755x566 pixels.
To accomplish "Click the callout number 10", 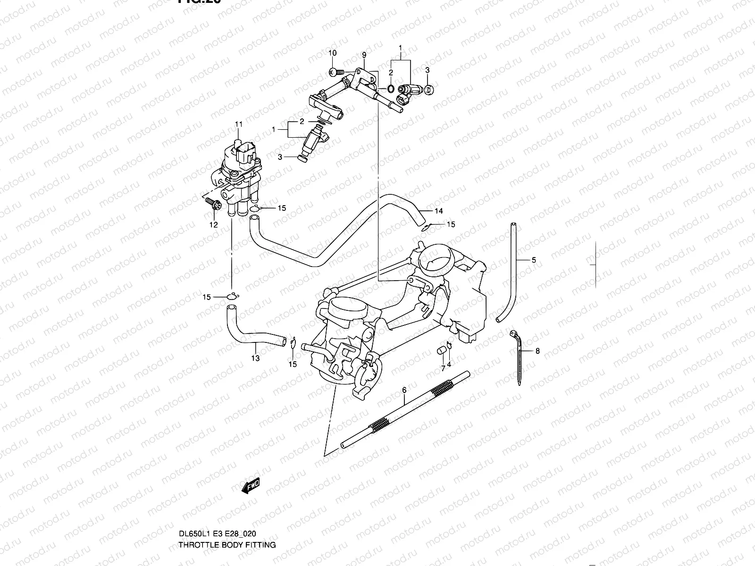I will tap(332, 53).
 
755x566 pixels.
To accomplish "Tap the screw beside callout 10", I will tap(334, 72).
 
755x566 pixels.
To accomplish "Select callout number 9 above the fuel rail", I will tap(364, 55).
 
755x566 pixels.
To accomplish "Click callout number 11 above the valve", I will tap(239, 124).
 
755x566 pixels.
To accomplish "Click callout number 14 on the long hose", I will tap(439, 211).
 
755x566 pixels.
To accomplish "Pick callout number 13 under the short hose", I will tap(255, 358).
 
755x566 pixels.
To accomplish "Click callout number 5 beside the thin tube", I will tap(534, 260).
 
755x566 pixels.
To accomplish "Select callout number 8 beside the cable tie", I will tap(537, 351).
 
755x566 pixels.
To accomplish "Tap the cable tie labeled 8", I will tap(517, 358).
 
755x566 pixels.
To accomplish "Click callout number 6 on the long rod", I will tap(404, 390).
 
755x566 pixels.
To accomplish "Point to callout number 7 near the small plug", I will tap(443, 368).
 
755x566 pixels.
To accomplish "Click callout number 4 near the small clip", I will tap(449, 364).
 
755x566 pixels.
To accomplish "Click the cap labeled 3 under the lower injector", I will tap(302, 158).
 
